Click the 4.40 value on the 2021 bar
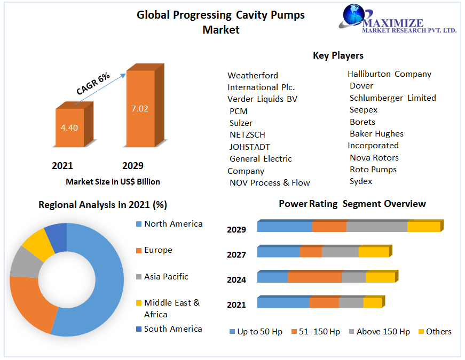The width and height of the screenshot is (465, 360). (x=69, y=128)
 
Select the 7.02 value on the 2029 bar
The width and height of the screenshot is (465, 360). (x=139, y=109)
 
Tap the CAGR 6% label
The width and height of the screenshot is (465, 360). (x=93, y=84)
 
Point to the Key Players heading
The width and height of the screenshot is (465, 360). (x=338, y=55)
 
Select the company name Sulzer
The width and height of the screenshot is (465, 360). (x=241, y=123)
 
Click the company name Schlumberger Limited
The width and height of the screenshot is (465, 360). (x=392, y=98)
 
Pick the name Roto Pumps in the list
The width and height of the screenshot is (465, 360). (x=373, y=170)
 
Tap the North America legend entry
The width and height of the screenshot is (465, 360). (x=173, y=224)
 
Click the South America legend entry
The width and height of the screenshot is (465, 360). (x=173, y=329)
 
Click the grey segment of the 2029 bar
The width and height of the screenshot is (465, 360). (x=377, y=227)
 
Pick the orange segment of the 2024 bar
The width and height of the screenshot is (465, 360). (x=314, y=277)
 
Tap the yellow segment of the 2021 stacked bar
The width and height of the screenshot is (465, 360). (x=373, y=303)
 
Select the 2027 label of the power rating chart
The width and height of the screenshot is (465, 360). (x=237, y=255)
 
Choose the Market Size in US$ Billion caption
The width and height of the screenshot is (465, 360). (x=113, y=182)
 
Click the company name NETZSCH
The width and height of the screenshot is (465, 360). (x=247, y=135)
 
